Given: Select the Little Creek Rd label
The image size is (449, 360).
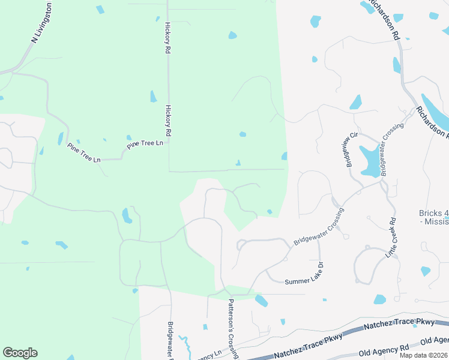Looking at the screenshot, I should [393, 237].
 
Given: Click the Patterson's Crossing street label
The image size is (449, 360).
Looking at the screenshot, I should [231, 329].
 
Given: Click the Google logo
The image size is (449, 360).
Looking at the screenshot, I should [20, 353].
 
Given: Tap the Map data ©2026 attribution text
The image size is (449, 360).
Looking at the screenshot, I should [423, 355].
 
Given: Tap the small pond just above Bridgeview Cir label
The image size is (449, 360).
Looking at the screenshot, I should [355, 102].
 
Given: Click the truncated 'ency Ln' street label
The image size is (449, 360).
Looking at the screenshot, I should [208, 355].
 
